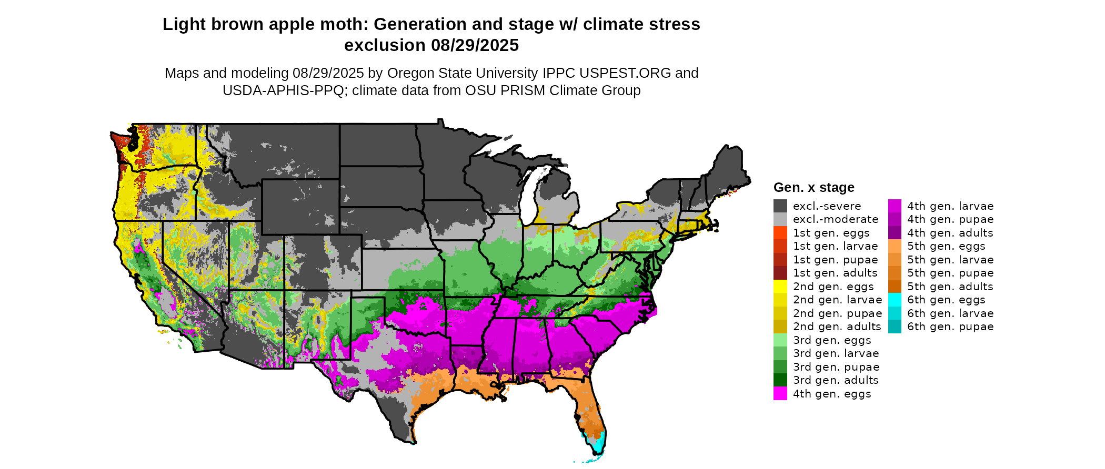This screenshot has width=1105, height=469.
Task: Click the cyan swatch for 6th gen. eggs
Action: tap(895, 300)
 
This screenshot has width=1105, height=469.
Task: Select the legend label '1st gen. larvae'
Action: tap(835, 246)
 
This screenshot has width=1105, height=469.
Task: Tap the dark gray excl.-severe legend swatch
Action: tap(780, 206)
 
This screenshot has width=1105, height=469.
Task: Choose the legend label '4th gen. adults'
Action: tap(950, 233)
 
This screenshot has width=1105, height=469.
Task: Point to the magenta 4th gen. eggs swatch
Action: tap(780, 394)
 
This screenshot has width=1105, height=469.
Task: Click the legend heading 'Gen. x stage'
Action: tap(813, 187)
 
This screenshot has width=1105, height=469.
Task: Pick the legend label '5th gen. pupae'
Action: tap(950, 273)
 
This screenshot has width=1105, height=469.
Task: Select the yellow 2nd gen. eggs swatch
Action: tap(780, 287)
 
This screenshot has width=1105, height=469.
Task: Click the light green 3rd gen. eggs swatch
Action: tap(780, 340)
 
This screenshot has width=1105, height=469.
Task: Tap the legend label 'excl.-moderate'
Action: tap(835, 219)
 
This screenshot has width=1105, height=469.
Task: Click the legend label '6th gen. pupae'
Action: tap(950, 327)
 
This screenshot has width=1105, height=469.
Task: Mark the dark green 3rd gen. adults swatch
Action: tap(780, 380)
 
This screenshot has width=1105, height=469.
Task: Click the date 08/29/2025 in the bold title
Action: tap(475, 45)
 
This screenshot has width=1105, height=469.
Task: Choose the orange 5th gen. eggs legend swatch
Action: tap(895, 246)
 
